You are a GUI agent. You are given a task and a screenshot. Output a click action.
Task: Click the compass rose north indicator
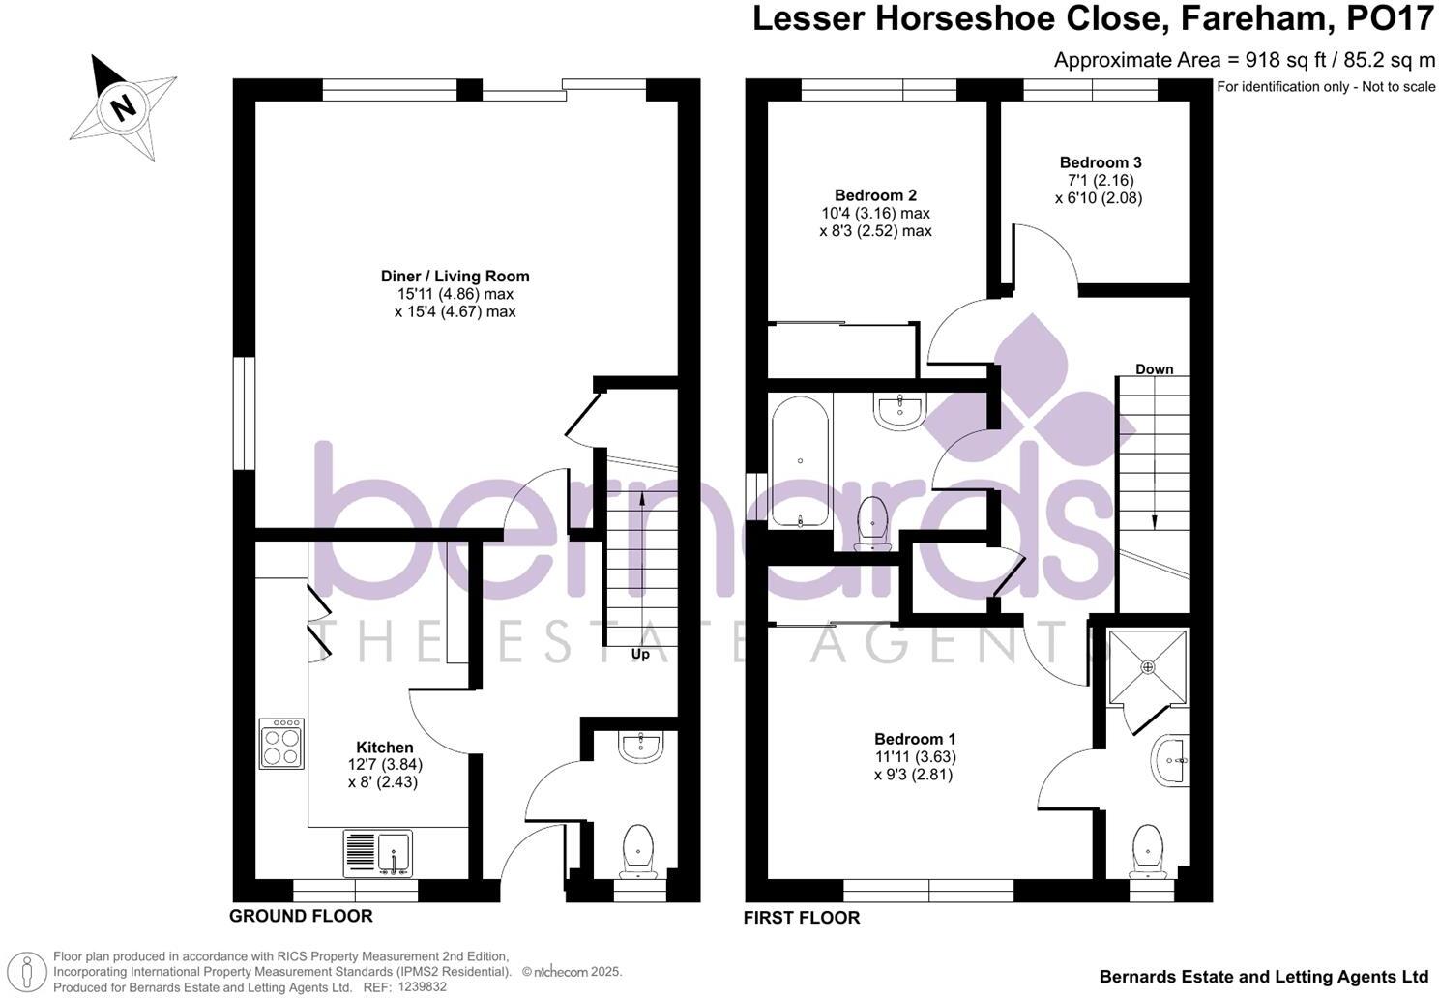click(123, 105)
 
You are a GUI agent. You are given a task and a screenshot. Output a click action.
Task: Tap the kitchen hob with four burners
click(281, 743)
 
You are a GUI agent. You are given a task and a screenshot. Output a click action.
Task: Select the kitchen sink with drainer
click(377, 854)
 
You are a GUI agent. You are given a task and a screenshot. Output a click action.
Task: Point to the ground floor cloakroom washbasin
click(640, 747)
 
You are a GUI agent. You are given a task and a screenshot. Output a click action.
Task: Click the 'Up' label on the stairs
click(640, 655)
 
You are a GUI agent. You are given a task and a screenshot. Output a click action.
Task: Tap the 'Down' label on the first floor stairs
click(1154, 369)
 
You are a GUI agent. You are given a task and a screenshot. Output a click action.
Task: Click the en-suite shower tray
click(1148, 667)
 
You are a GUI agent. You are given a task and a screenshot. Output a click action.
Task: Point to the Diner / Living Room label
click(455, 277)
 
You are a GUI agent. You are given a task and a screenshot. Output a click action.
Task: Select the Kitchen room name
click(385, 747)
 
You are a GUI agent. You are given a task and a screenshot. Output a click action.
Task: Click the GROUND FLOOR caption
click(301, 916)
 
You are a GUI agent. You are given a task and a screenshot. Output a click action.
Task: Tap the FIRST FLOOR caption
click(802, 918)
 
